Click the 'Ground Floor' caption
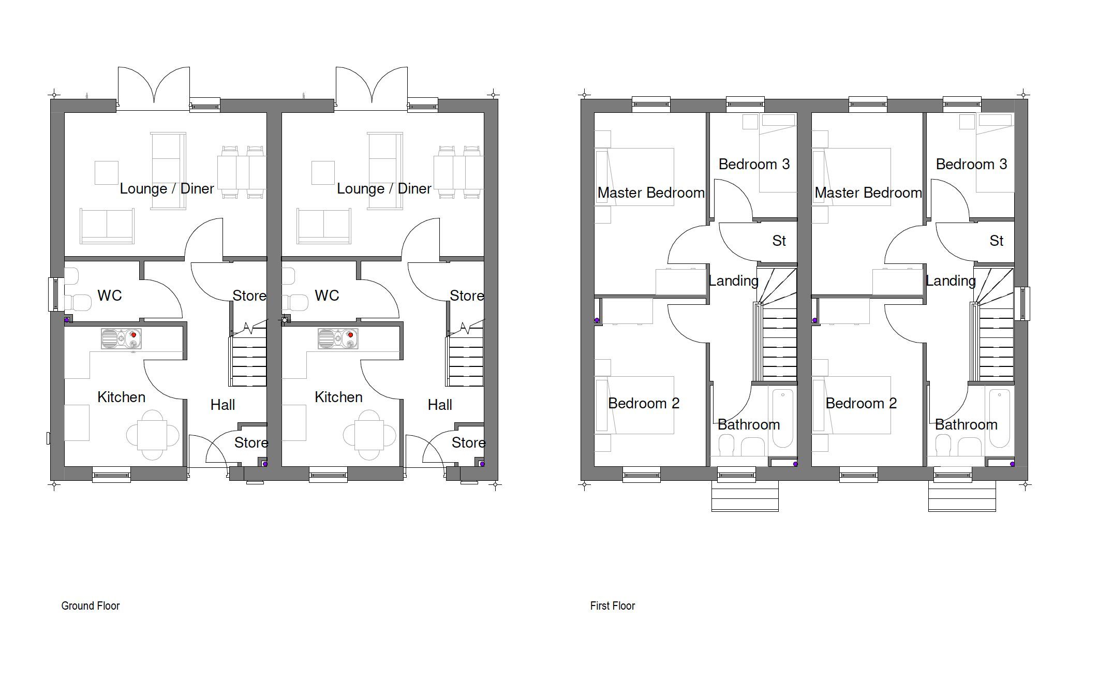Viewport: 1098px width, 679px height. [91, 606]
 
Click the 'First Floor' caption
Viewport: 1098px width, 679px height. [612, 606]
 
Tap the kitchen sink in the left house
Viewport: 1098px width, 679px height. [121, 338]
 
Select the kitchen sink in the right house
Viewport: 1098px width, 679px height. [338, 338]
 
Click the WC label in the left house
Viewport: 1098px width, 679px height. [110, 296]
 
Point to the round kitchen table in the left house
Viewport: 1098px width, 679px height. [153, 435]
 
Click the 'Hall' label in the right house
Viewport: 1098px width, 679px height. [440, 405]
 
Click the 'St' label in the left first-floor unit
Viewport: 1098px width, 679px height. [779, 241]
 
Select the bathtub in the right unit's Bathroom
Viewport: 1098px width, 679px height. [999, 418]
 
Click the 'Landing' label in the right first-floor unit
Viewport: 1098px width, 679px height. [951, 281]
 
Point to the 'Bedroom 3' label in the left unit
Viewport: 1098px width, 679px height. [754, 165]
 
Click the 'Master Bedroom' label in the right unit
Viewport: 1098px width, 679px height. [868, 193]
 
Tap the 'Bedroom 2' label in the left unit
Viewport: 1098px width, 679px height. [643, 403]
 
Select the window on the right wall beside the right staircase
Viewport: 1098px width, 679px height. [1022, 303]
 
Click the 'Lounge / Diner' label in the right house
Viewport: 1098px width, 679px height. [384, 189]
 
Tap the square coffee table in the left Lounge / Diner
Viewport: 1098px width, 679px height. [107, 173]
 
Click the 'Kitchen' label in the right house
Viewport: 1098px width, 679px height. [338, 397]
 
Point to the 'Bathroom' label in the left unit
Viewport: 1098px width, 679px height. [748, 425]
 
